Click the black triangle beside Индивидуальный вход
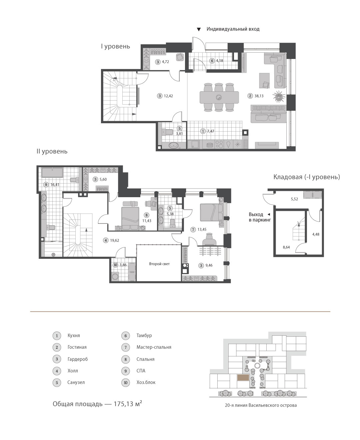coord(199,29)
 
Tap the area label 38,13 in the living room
coord(259,96)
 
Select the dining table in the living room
coord(219,97)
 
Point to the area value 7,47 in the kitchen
coord(211,131)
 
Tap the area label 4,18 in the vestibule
coord(220,61)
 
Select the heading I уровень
coord(115,46)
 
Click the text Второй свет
coord(159,264)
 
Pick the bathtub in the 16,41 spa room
coord(52,173)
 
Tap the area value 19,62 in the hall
coord(114,240)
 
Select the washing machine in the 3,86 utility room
coord(115,277)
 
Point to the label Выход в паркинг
coord(260,217)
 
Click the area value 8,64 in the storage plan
coord(286,247)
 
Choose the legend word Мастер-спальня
coord(154,347)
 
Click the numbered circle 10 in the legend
coord(126,382)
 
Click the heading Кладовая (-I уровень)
coord(307,177)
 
